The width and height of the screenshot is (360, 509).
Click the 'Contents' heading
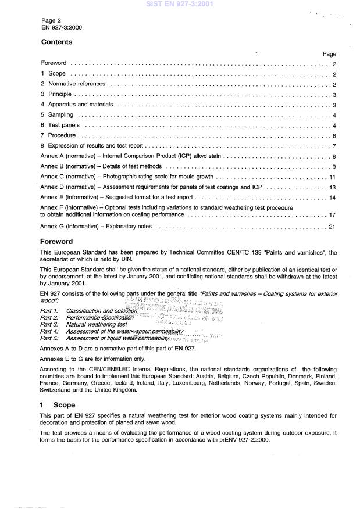pos(57,42)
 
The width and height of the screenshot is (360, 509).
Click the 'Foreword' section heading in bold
pos(57,241)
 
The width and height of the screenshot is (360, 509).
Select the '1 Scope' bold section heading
pos(57,405)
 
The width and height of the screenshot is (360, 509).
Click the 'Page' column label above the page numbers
pos(329,53)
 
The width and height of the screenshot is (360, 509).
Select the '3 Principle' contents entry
pos(56,94)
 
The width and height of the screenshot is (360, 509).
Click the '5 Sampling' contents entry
pos(57,115)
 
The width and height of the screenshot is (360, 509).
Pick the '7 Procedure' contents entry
pos(58,135)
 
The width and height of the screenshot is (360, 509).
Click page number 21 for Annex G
pos(332,226)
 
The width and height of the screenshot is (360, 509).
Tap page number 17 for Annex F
pos(332,215)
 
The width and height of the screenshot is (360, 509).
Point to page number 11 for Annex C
pos(332,177)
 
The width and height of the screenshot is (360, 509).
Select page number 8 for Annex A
pos(334,156)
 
